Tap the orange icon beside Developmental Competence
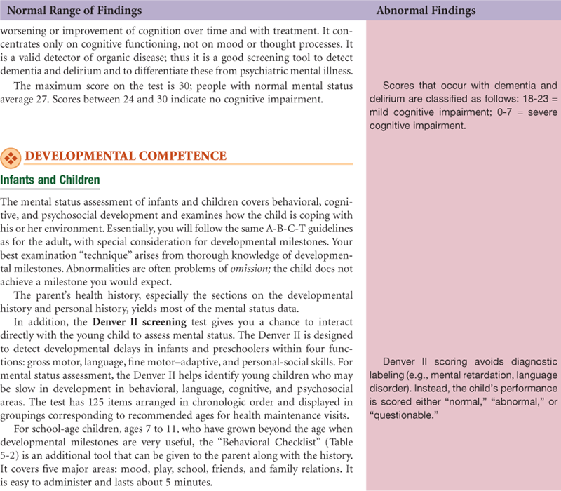click(11, 156)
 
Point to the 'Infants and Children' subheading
click(50, 181)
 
